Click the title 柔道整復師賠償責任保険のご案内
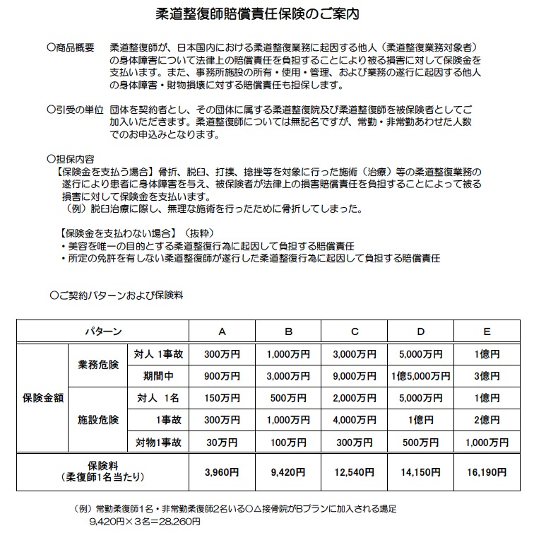pos(267,13)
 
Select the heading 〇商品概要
pos(71,47)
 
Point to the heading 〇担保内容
pos(71,159)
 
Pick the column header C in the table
pos(354,331)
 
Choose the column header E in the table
pos(487,331)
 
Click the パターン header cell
pos(103,331)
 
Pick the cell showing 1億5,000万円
pos(420,376)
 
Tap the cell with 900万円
pos(222,376)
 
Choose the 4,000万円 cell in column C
pos(354,420)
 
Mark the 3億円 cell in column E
pos(487,376)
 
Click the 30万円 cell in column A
pos(222,443)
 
